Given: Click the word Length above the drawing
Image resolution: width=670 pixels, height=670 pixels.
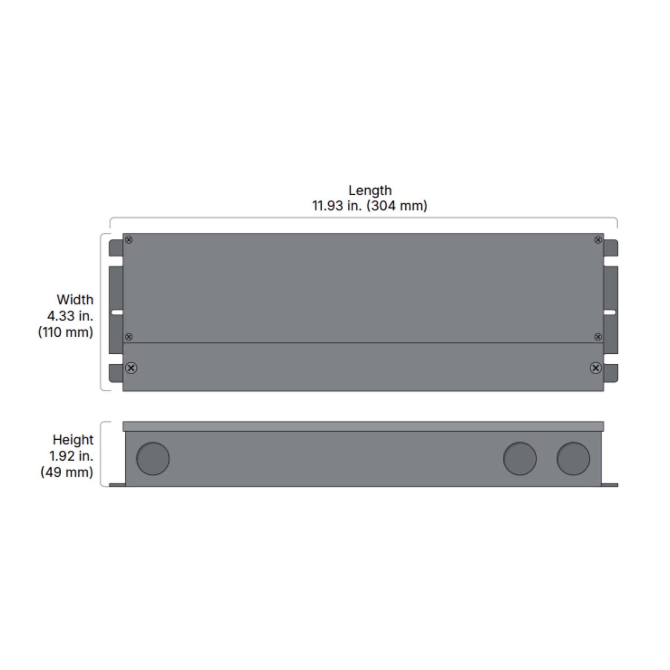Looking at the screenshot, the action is (370, 190).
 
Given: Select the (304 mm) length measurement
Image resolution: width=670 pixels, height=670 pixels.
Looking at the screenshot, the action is (397, 206).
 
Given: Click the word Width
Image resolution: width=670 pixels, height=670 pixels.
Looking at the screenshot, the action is (75, 299).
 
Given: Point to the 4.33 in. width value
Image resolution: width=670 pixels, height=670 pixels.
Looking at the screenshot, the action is (70, 316).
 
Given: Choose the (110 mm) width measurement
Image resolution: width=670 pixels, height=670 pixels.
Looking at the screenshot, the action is (65, 332).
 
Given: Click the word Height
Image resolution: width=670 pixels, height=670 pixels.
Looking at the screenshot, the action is (73, 440).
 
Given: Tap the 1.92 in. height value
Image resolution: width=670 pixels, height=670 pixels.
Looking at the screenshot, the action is (71, 456).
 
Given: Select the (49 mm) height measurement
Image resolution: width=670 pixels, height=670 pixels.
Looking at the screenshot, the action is (66, 472).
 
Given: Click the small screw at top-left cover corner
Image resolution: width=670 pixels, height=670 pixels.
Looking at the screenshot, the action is (129, 240).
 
